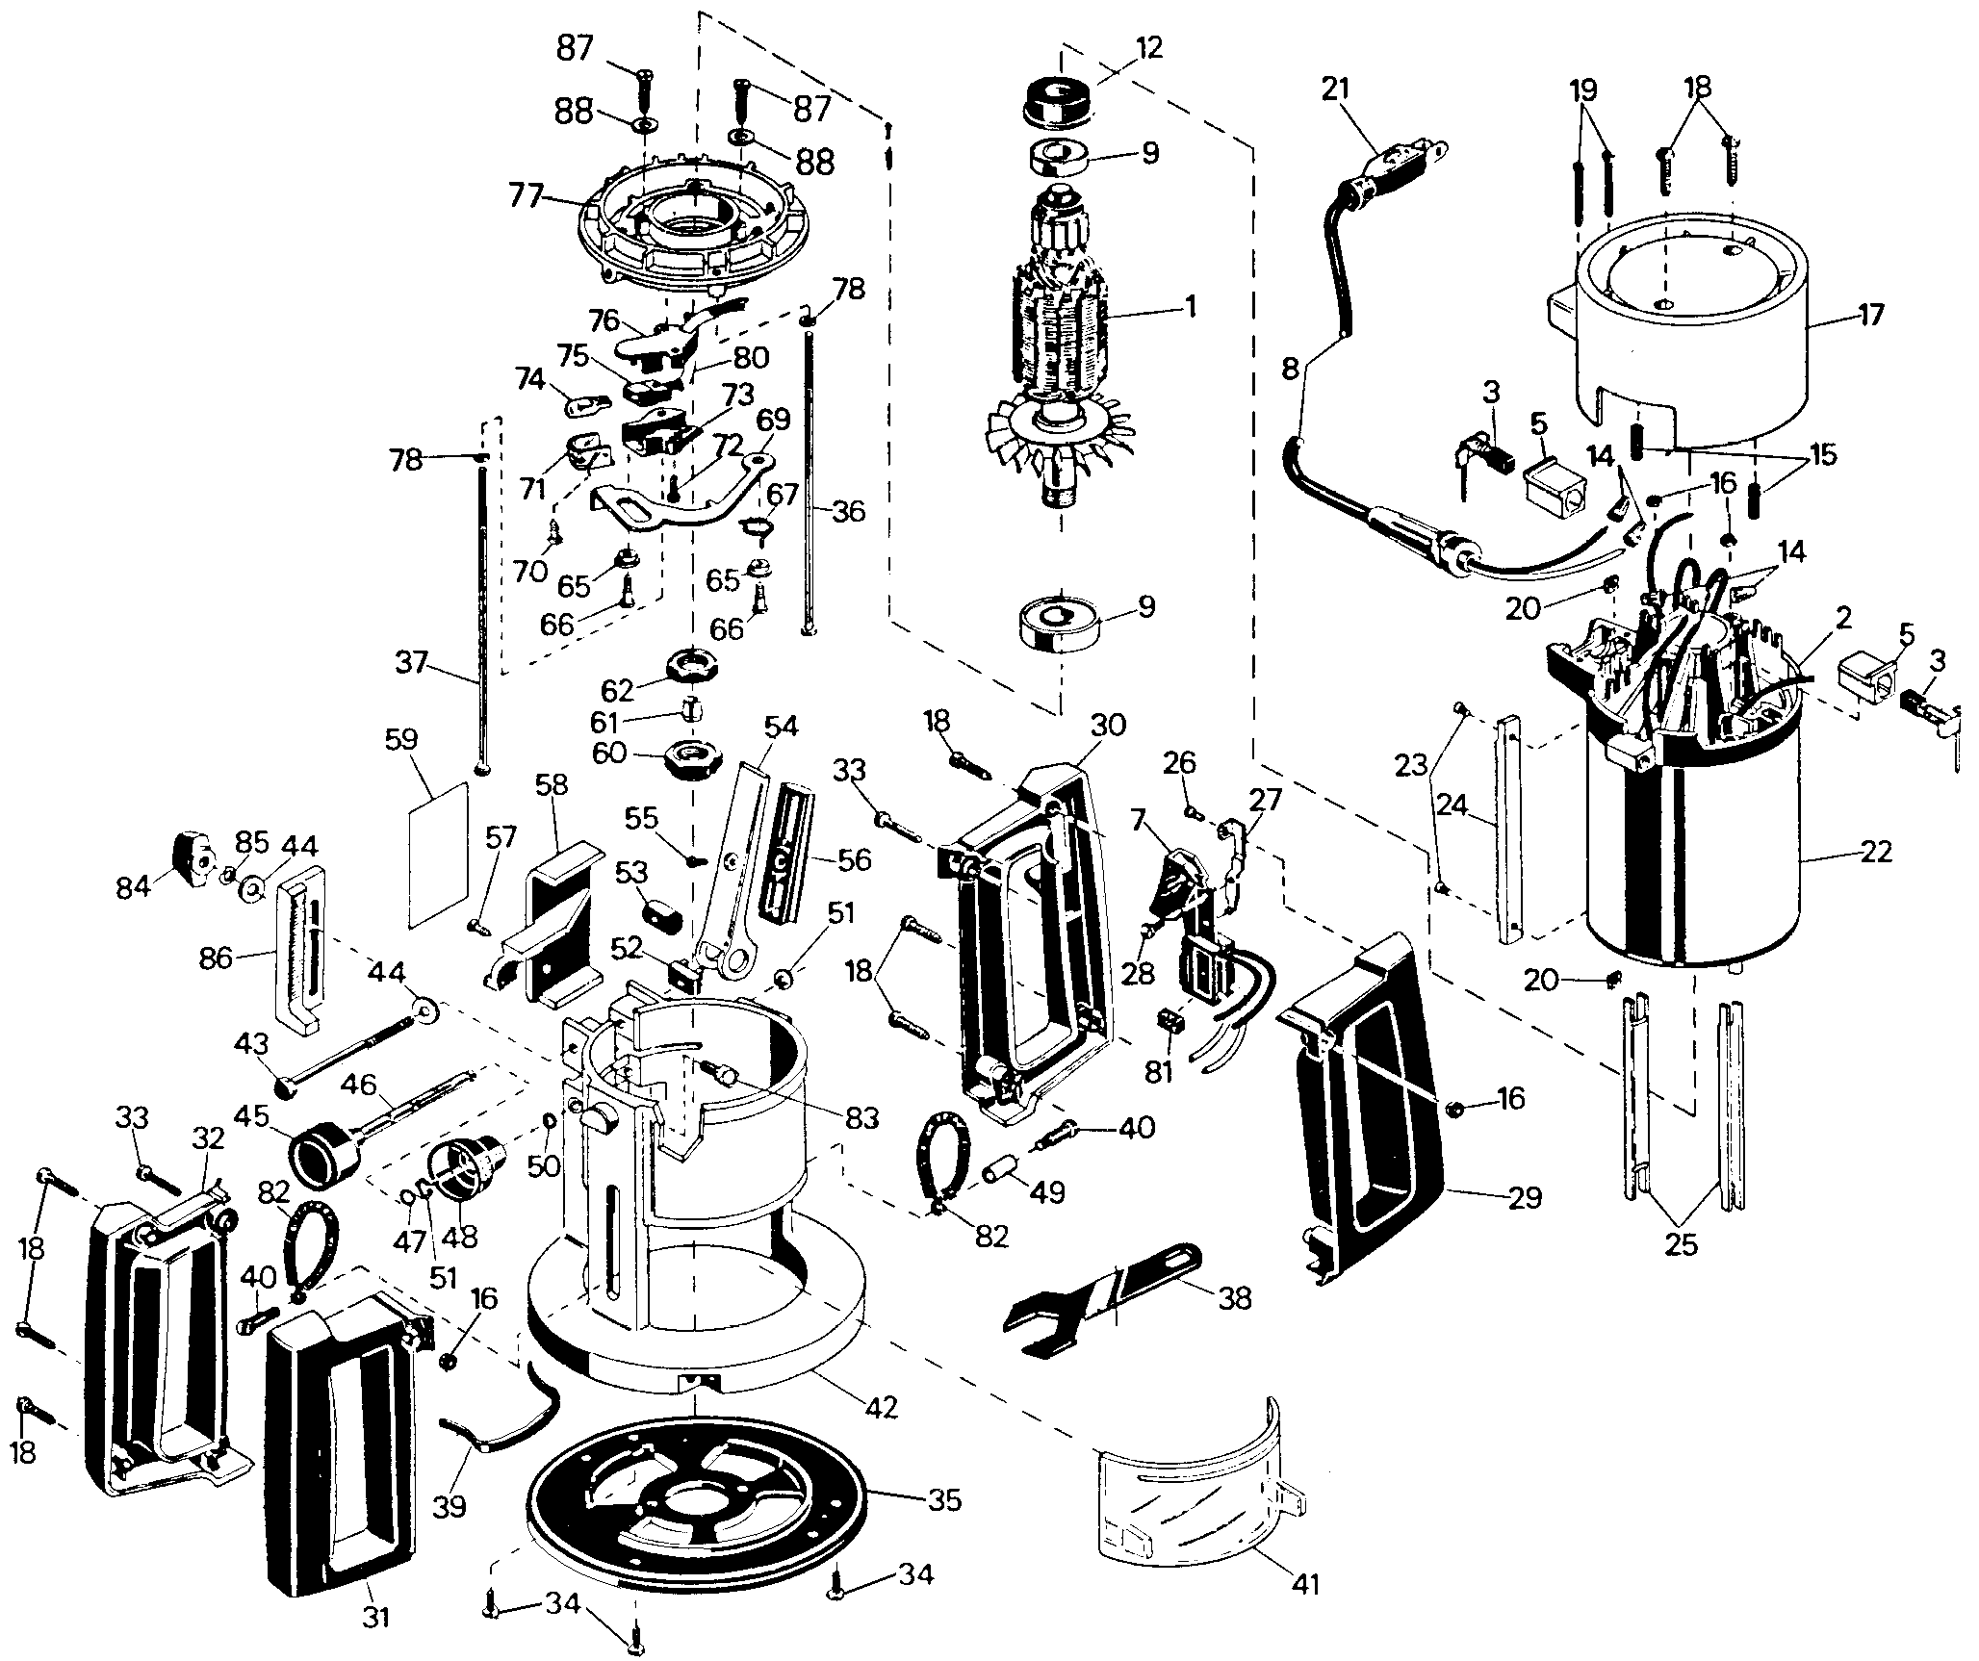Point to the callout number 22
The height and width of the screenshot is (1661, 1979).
coord(1876,852)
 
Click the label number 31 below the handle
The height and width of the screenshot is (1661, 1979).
coord(376,1617)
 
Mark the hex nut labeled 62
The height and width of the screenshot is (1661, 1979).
coord(690,666)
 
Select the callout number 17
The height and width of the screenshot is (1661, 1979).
coord(1870,315)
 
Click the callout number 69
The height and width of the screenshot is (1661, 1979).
coord(773,421)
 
